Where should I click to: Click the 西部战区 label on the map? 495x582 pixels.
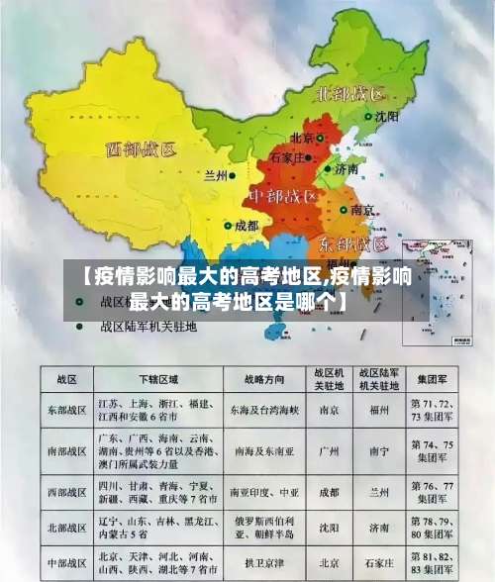pyautogui.click(x=141, y=150)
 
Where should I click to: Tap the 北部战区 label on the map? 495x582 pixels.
pyautogui.click(x=347, y=95)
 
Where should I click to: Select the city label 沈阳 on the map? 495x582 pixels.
pyautogui.click(x=387, y=116)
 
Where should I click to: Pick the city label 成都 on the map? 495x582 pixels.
pyautogui.click(x=246, y=226)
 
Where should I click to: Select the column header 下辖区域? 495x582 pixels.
pyautogui.click(x=157, y=380)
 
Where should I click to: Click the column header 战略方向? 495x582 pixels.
pyautogui.click(x=263, y=380)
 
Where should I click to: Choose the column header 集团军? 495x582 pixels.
pyautogui.click(x=431, y=380)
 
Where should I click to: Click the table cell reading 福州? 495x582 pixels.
pyautogui.click(x=378, y=408)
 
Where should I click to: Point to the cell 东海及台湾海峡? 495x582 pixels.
pyautogui.click(x=263, y=408)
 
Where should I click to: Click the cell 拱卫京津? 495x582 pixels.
pyautogui.click(x=263, y=562)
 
